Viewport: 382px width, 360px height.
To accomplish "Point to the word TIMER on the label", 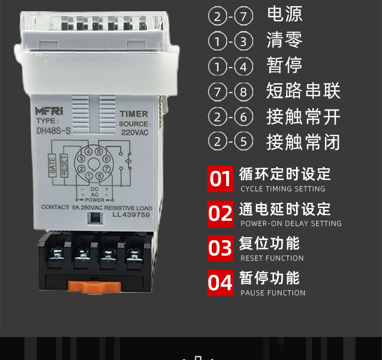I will point(133,114).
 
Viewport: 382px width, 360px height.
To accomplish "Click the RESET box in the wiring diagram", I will point(64,166).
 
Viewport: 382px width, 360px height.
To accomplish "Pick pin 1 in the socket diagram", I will point(89,176).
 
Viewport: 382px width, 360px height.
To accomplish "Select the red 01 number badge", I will point(221,179).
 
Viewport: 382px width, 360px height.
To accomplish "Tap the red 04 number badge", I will point(221,283).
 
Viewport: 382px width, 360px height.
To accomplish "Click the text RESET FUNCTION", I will point(272,259).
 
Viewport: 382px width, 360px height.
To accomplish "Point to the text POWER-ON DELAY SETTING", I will point(291,224).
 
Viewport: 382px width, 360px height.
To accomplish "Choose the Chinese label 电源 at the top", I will point(285,14).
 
